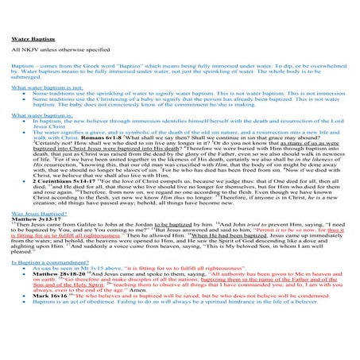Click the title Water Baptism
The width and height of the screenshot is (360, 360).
click(x=29, y=39)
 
